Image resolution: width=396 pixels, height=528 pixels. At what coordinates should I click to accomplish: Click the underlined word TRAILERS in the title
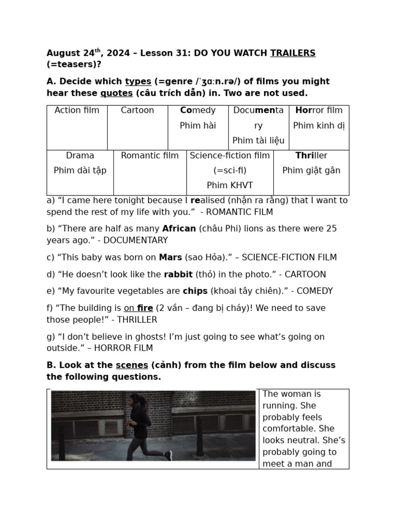click(292, 53)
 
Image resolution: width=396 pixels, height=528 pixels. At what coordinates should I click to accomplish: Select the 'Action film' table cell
click(77, 110)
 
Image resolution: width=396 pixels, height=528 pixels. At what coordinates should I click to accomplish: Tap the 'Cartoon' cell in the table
click(137, 110)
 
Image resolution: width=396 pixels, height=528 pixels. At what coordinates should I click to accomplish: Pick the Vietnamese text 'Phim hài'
click(198, 126)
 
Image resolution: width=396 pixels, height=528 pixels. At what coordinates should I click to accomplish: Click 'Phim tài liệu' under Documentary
click(258, 141)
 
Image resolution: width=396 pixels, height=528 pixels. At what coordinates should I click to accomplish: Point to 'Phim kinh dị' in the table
click(319, 126)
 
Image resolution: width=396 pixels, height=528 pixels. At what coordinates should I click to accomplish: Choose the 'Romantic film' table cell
click(150, 156)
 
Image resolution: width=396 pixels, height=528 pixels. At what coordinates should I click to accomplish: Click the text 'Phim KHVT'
click(229, 186)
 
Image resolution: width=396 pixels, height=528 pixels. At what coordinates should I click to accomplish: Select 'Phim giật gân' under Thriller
click(311, 171)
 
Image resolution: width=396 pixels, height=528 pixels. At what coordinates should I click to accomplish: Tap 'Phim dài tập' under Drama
click(80, 171)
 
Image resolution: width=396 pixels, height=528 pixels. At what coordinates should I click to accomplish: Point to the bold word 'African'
click(179, 228)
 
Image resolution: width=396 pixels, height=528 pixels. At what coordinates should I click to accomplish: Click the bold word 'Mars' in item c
click(170, 257)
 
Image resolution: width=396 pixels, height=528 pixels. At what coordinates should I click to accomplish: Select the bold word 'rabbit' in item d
click(178, 274)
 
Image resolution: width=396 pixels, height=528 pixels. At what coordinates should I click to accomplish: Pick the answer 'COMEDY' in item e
click(315, 291)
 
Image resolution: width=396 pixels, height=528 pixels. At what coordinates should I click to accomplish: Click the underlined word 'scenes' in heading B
click(132, 365)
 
